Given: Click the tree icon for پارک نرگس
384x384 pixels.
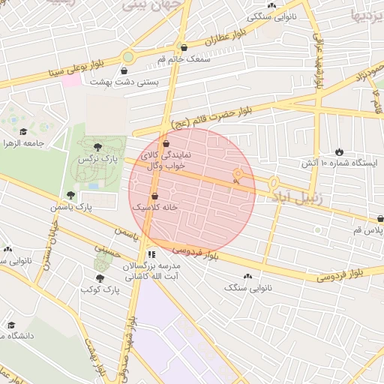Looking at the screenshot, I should pyautogui.click(x=98, y=146).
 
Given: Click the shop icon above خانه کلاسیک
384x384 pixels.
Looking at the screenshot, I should pyautogui.click(x=154, y=195).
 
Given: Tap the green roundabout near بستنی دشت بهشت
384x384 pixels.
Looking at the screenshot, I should pyautogui.click(x=128, y=57).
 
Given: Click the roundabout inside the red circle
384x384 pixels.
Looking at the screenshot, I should pyautogui.click(x=238, y=176).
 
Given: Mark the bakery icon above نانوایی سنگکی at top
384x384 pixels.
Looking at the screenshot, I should pyautogui.click(x=271, y=5).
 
